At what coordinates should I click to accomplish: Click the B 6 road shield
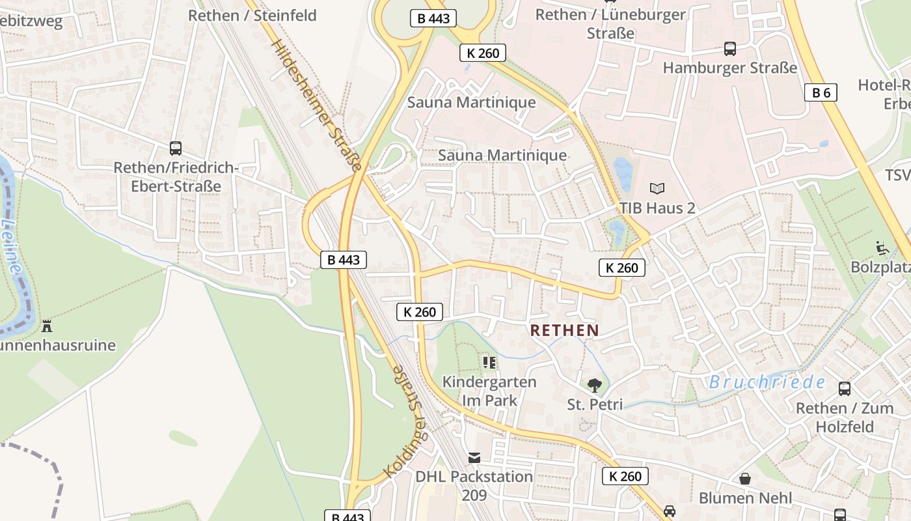(x=821, y=92)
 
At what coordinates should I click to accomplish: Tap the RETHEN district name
(x=564, y=330)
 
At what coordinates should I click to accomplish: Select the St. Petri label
(x=595, y=404)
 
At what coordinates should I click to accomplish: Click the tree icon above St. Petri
(x=594, y=385)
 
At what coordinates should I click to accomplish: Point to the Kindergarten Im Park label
(x=489, y=391)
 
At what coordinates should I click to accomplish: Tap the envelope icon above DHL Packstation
(x=474, y=458)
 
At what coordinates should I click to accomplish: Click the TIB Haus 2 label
(x=657, y=208)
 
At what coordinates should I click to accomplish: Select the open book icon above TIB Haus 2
(x=657, y=189)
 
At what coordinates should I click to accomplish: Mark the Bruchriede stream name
(x=767, y=382)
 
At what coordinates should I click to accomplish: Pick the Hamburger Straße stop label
(x=729, y=68)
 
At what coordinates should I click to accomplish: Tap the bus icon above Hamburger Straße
(x=729, y=48)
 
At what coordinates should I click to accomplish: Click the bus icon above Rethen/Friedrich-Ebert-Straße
(x=175, y=148)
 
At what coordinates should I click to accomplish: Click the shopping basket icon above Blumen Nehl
(x=745, y=479)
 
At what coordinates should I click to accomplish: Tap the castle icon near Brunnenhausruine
(x=47, y=326)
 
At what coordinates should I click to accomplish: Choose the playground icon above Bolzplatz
(x=882, y=248)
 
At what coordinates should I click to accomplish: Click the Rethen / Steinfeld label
(x=252, y=15)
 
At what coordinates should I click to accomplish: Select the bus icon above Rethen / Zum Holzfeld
(x=844, y=389)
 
